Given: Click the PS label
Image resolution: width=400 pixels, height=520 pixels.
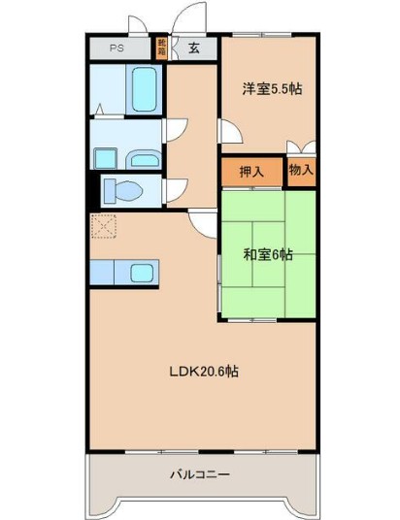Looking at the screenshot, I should tap(117, 48).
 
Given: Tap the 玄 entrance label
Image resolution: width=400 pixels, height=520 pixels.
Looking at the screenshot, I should tap(194, 48).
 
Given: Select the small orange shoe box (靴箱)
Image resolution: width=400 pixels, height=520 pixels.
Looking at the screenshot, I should tap(162, 48).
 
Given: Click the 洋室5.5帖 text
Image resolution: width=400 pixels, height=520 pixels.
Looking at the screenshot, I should tap(271, 89).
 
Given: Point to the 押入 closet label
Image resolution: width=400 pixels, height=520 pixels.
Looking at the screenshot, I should tap(251, 172).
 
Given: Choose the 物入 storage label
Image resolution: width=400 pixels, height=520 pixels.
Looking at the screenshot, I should tap(301, 171).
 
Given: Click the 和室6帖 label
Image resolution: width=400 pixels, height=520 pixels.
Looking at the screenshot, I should tap(267, 255).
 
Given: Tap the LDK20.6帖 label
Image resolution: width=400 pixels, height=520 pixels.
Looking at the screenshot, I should tap(205, 372).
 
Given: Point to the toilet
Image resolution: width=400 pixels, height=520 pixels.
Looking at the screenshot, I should tap(124, 188).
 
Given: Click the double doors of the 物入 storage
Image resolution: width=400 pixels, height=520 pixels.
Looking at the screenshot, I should tap(301, 147).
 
